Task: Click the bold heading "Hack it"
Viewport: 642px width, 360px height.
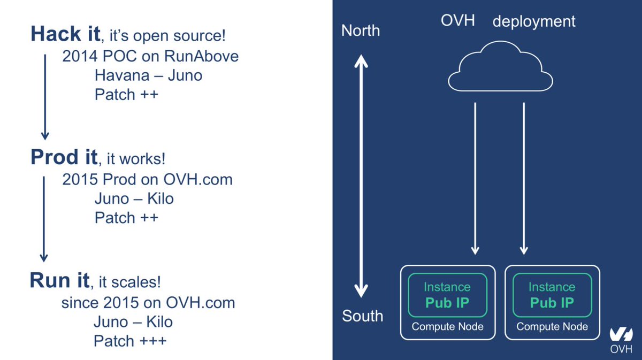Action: click(x=65, y=34)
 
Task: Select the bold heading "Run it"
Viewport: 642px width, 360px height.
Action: click(x=60, y=280)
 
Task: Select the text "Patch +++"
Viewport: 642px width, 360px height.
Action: click(x=130, y=341)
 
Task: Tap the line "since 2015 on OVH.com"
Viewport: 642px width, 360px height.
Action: click(x=148, y=303)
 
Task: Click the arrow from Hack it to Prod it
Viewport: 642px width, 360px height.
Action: click(x=45, y=96)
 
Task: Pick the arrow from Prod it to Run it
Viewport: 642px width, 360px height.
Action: click(x=44, y=219)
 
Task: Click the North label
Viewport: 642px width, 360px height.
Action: click(x=361, y=31)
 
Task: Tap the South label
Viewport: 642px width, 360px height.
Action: click(x=363, y=316)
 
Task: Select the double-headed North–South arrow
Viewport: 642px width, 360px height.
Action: click(x=362, y=177)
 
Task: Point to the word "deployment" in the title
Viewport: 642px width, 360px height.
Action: click(x=534, y=21)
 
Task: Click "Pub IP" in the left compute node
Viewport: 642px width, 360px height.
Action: click(x=447, y=303)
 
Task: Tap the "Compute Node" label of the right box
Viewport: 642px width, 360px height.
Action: click(x=552, y=326)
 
